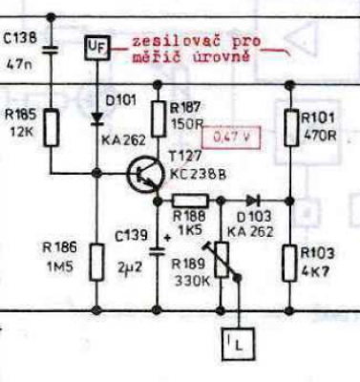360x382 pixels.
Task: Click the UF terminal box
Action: click(x=96, y=49)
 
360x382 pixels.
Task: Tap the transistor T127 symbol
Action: click(x=145, y=174)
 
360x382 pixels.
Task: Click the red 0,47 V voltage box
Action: click(x=231, y=138)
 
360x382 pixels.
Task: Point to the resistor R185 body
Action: click(x=51, y=127)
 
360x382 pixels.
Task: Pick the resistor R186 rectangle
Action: click(x=97, y=262)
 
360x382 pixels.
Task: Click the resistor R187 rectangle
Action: click(x=159, y=118)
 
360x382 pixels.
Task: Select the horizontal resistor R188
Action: click(x=190, y=201)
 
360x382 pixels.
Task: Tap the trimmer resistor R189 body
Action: click(x=222, y=260)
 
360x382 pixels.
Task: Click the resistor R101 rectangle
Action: click(x=290, y=127)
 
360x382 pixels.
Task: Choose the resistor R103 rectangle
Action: click(x=289, y=263)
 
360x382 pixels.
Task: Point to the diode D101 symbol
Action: click(x=96, y=118)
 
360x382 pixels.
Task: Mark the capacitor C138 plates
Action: click(x=51, y=50)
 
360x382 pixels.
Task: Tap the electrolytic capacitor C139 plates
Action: click(x=158, y=251)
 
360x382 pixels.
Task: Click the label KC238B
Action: click(x=198, y=175)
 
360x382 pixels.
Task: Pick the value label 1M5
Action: click(x=60, y=266)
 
